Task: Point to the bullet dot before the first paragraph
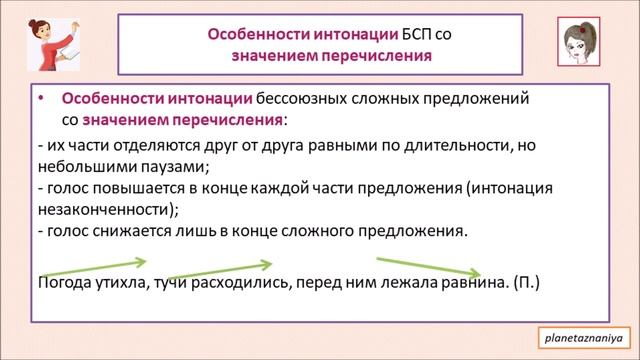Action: pos(40,101)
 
